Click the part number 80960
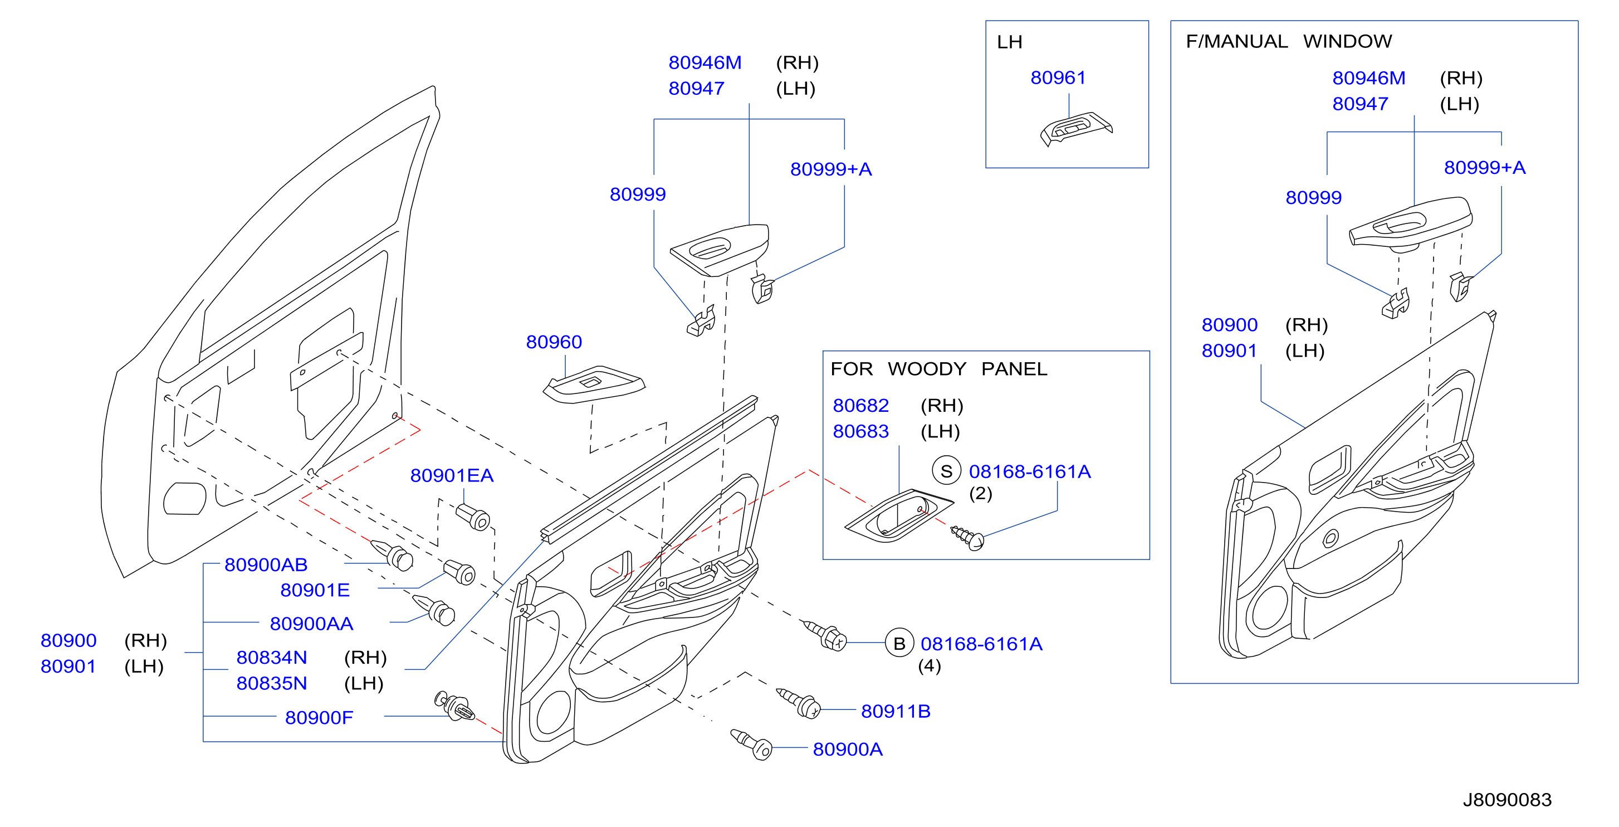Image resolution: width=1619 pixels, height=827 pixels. pyautogui.click(x=554, y=342)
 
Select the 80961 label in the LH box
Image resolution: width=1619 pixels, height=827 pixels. pyautogui.click(x=1058, y=78)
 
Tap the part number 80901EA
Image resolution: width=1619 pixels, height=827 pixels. pyautogui.click(x=452, y=475)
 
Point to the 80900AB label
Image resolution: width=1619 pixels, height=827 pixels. pyautogui.click(x=266, y=565)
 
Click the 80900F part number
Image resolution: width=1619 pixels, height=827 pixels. pyautogui.click(x=319, y=718)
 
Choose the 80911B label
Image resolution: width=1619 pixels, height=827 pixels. pyautogui.click(x=896, y=711)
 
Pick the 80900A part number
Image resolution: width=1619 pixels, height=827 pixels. pyautogui.click(x=848, y=750)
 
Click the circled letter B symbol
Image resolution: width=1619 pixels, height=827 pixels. pyautogui.click(x=899, y=643)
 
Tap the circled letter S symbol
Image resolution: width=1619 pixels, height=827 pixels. pyautogui.click(x=947, y=471)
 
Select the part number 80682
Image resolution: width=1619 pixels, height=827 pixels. pyautogui.click(x=860, y=406)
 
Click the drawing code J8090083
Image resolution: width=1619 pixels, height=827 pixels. pyautogui.click(x=1507, y=800)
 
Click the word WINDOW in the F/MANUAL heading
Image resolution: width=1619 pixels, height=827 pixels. pyautogui.click(x=1347, y=41)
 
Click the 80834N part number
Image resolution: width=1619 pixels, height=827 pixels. pyautogui.click(x=272, y=658)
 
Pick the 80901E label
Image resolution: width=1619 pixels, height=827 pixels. pyautogui.click(x=315, y=591)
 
